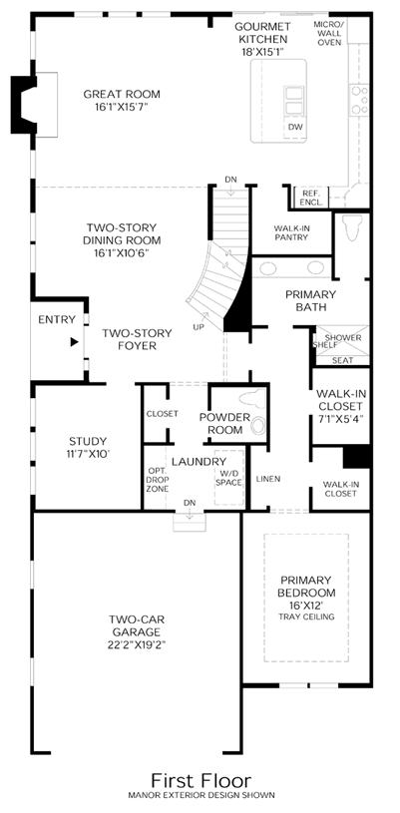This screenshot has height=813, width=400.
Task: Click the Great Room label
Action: (x=122, y=95)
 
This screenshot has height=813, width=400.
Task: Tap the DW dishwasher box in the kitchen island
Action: (x=295, y=128)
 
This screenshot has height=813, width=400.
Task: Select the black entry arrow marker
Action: (x=75, y=342)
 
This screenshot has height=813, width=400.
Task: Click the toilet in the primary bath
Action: (x=352, y=227)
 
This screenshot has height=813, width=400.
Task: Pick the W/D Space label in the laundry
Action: (x=229, y=478)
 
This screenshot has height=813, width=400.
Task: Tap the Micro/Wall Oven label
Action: (x=329, y=33)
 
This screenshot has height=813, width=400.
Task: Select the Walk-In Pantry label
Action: (x=291, y=232)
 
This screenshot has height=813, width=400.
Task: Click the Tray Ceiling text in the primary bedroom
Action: (x=306, y=617)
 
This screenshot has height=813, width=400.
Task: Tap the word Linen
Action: (x=268, y=479)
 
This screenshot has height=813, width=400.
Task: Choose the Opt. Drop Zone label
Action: (x=157, y=480)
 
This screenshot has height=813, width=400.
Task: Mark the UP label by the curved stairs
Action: (x=199, y=326)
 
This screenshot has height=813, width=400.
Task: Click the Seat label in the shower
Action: (x=341, y=360)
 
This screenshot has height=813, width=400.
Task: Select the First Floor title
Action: (x=201, y=780)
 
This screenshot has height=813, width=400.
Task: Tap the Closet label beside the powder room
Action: (x=163, y=414)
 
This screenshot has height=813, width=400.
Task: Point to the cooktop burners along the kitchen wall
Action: (x=359, y=100)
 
